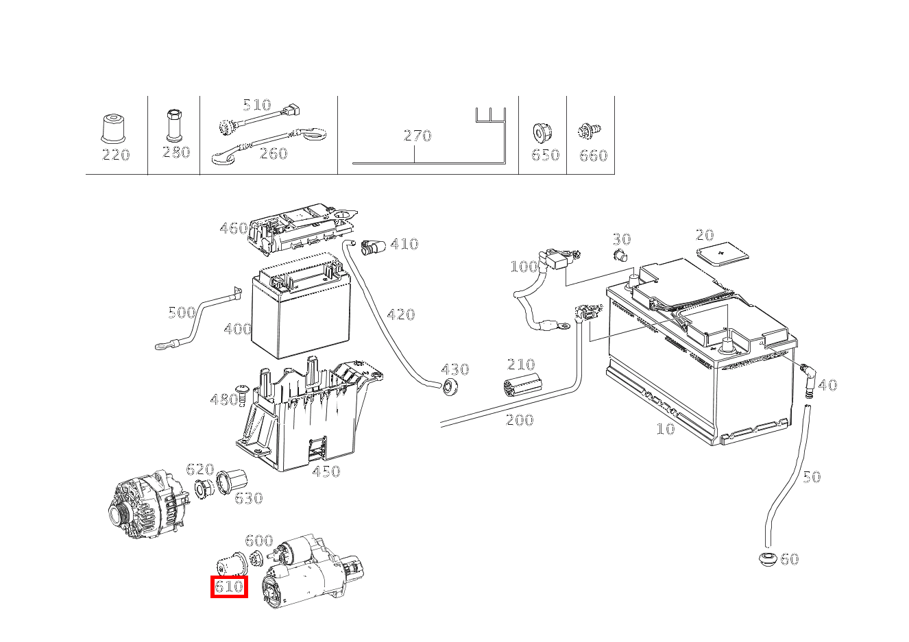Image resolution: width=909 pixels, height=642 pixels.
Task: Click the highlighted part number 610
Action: (x=229, y=587)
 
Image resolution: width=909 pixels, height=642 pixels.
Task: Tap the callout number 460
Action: (x=233, y=228)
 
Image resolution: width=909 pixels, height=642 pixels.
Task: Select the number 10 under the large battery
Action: (x=665, y=430)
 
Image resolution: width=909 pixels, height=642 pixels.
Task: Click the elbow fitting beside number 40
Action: (x=809, y=375)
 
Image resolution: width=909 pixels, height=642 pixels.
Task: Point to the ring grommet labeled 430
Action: (x=450, y=386)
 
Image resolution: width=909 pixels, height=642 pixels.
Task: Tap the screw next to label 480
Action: (x=242, y=392)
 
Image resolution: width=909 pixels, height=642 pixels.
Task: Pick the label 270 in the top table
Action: (x=417, y=135)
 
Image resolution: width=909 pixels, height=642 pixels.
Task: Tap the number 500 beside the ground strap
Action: (x=182, y=313)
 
